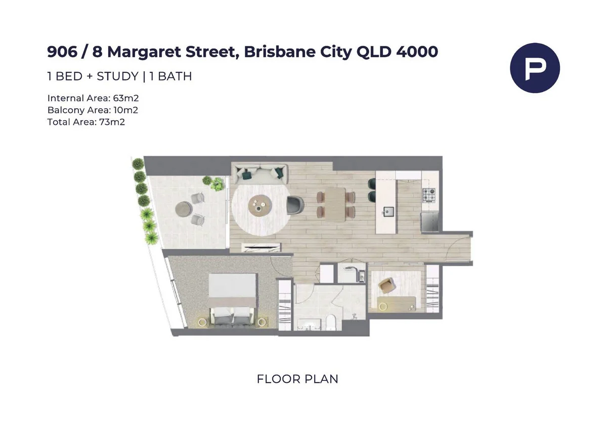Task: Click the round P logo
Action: (x=535, y=68)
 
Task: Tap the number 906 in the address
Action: (x=62, y=52)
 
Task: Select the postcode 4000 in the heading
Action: (x=417, y=52)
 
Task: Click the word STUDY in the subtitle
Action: (x=117, y=76)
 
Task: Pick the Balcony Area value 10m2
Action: (x=126, y=110)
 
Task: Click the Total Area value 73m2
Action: (x=112, y=122)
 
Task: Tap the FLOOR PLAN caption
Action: (x=297, y=379)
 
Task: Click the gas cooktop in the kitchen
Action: (x=429, y=195)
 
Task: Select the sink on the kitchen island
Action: (x=388, y=212)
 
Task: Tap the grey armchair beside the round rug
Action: (x=295, y=205)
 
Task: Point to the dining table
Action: (x=335, y=204)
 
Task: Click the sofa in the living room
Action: (x=260, y=174)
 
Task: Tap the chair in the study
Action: (x=387, y=286)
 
